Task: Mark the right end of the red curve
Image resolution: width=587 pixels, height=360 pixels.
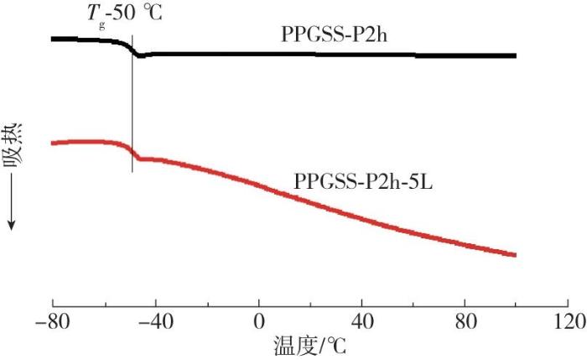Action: (515, 255)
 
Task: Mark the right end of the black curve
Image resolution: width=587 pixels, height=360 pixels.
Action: (515, 55)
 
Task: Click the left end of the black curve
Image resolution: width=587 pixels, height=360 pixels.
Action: (53, 39)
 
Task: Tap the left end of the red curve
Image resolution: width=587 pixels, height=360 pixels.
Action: (53, 143)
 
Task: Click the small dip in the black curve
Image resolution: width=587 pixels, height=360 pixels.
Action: (140, 56)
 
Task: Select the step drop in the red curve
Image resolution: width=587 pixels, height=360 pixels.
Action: (133, 153)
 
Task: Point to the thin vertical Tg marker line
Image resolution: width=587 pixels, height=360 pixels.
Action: (132, 101)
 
